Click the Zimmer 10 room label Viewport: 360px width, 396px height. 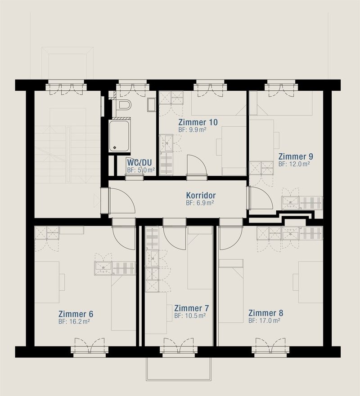pos(198,122)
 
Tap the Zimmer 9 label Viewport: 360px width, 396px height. pos(295,156)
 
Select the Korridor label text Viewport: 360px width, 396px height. pos(201,196)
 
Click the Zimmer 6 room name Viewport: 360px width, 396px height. pos(76,313)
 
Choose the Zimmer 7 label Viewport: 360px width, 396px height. pos(191,308)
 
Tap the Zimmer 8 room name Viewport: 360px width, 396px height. pos(265,313)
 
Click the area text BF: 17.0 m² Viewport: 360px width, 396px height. pos(264,321)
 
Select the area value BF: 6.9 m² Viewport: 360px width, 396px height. pos(199,203)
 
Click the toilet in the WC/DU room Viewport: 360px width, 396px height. pos(123,105)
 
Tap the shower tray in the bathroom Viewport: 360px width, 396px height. pos(119,135)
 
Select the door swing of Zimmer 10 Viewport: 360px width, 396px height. pos(196,164)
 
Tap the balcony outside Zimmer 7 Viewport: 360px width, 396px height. pos(179,369)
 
